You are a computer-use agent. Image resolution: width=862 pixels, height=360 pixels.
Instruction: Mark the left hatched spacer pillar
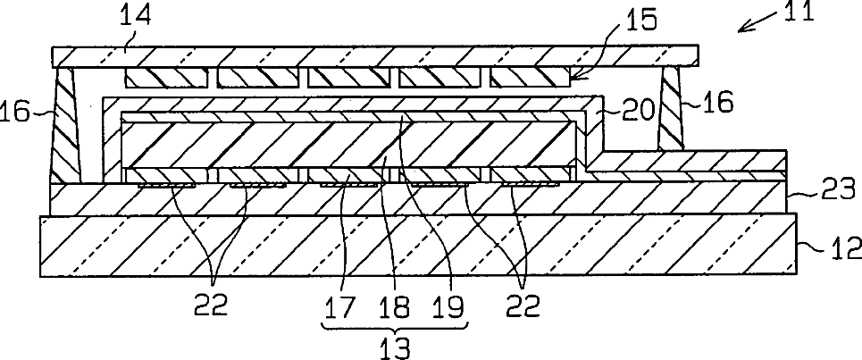[67, 125]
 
